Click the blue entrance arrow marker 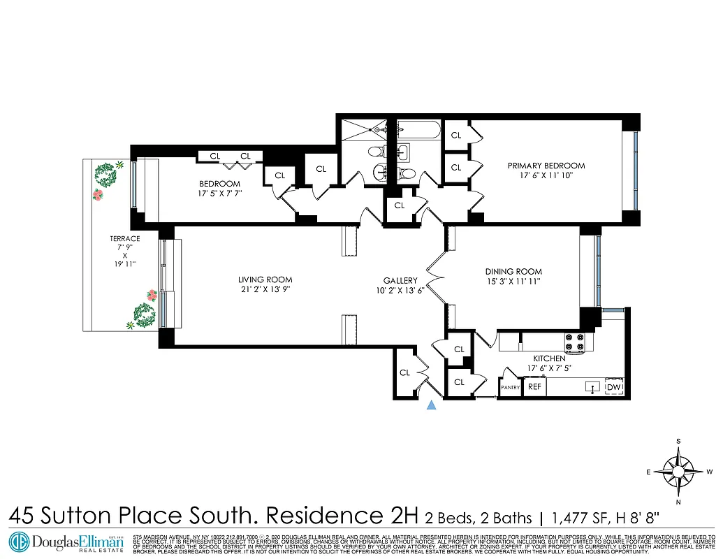[432, 405]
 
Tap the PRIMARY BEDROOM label [546, 166]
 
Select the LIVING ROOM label [265, 279]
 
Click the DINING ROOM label [513, 272]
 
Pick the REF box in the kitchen [535, 386]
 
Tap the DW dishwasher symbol [614, 388]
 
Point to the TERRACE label [125, 238]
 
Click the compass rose [678, 472]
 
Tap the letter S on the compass [678, 441]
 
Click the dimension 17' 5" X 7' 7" [219, 194]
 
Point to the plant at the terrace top [106, 170]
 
